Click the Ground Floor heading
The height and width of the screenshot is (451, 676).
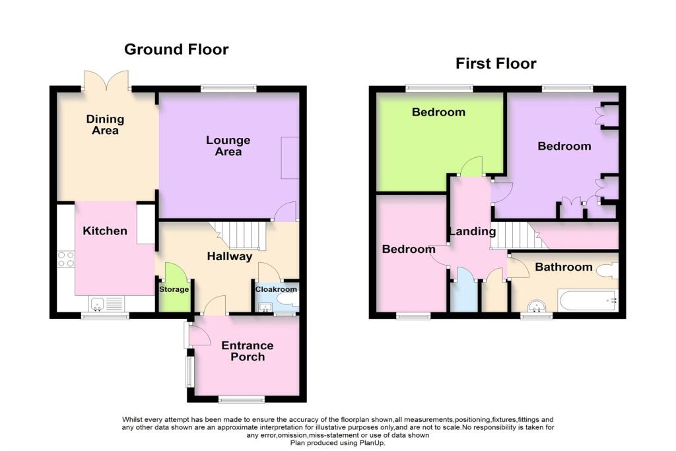(176, 50)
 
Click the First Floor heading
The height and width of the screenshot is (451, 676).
(496, 64)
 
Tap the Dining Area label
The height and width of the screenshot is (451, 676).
(105, 125)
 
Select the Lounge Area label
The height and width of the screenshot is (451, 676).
(228, 146)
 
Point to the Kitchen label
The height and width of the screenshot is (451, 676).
(105, 231)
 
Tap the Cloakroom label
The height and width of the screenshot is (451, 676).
(277, 289)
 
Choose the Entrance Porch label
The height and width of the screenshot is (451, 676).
(247, 351)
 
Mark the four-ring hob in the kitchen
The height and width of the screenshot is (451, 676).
(66, 259)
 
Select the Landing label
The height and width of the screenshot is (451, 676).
(472, 232)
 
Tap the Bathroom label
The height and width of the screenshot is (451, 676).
(563, 267)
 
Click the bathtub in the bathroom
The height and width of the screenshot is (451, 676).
(587, 300)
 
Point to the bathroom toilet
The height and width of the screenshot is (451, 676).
(605, 270)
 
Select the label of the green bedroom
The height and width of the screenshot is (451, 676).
(438, 112)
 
